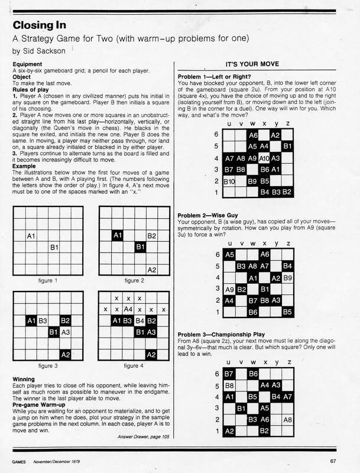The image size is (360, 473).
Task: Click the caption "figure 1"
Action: click(47, 281)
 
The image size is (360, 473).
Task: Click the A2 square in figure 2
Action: click(151, 270)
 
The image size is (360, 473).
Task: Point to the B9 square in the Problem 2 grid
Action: click(288, 277)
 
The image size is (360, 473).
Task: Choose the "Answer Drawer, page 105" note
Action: click(138, 437)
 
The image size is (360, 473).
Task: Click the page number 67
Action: click(342, 461)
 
